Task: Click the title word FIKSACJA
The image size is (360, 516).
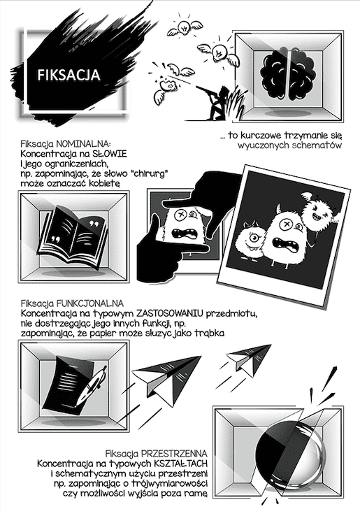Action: [69, 75]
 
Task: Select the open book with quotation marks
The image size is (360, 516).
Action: [73, 236]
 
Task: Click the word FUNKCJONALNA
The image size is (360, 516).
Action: [90, 303]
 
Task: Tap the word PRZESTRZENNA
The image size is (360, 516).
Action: [174, 454]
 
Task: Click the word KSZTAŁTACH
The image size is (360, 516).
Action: [180, 464]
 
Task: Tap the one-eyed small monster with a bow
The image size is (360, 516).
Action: [251, 241]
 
